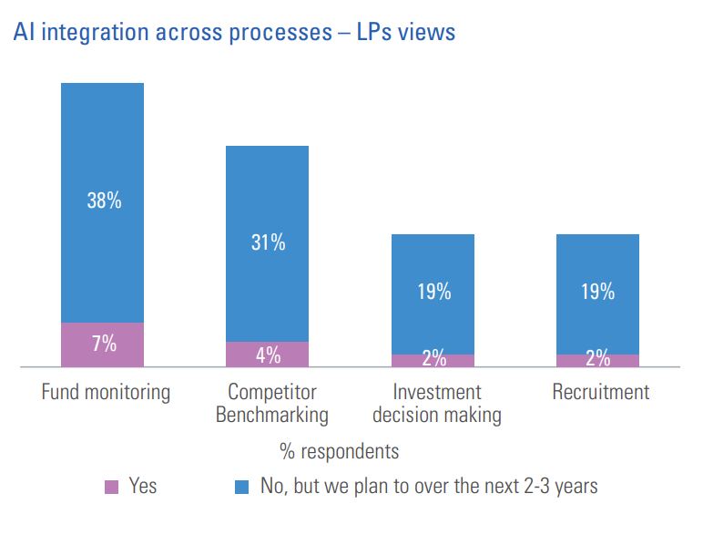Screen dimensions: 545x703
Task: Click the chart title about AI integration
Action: (x=234, y=33)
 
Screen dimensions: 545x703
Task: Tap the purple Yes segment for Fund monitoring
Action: (x=102, y=344)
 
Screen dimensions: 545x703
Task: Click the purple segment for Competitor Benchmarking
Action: (x=268, y=355)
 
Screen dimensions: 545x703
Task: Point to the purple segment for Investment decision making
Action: (x=433, y=361)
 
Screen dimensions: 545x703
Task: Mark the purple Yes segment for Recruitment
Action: (x=597, y=361)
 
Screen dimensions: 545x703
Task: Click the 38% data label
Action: (x=104, y=201)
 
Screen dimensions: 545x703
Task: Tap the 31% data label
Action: (x=268, y=242)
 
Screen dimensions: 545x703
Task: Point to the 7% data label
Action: (x=104, y=344)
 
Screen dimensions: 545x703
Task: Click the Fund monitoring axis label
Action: (x=106, y=393)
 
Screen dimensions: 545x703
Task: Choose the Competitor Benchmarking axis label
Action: (x=271, y=404)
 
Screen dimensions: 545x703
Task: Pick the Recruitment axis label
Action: (x=601, y=393)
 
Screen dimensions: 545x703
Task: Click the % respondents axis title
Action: (x=338, y=451)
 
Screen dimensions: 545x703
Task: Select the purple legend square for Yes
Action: (x=112, y=488)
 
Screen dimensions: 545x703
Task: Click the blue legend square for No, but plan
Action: (x=241, y=488)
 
